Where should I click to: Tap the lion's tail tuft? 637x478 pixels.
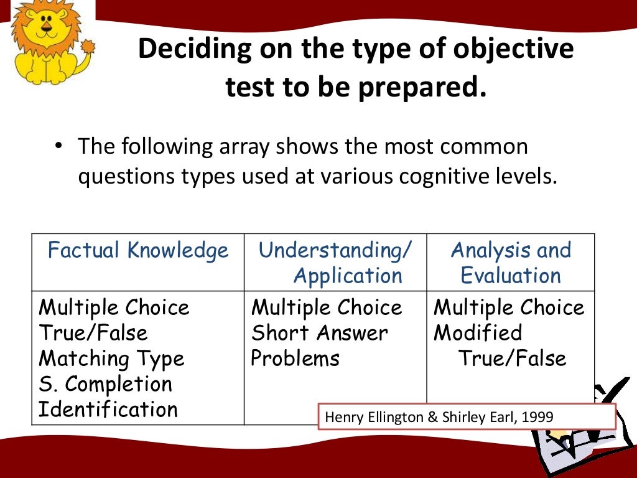coord(88,47)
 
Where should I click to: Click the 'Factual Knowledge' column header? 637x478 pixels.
coord(138,250)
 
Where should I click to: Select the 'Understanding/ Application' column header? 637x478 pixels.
coord(336,263)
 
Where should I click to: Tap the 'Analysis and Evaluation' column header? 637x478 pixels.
coord(511,263)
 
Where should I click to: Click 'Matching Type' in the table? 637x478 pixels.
coord(111,358)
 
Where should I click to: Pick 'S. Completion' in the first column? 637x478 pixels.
coord(105,384)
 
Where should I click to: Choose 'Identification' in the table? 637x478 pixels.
coord(108,410)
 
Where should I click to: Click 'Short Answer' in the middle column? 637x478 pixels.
coord(319,333)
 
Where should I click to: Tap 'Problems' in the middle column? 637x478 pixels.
coord(295,358)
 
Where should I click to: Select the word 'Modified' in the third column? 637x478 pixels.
coord(478,333)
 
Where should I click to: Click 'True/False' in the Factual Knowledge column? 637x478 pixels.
coord(93,333)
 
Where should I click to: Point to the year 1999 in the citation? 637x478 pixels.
coord(537,417)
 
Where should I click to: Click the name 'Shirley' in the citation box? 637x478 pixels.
coord(463,417)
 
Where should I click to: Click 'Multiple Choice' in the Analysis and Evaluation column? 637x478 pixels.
coord(509,307)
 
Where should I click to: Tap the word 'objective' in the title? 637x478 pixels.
coord(512,50)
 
